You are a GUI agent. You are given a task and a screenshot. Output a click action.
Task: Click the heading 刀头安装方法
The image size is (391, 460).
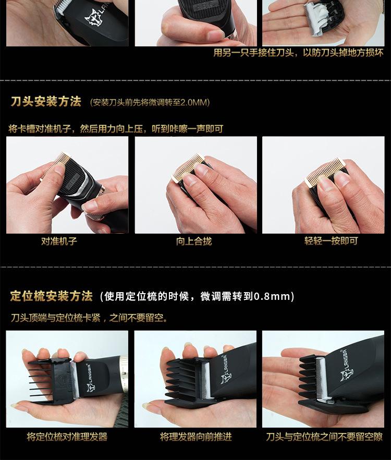(46, 102)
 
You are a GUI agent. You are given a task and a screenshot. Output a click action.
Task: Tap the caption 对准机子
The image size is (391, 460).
(59, 241)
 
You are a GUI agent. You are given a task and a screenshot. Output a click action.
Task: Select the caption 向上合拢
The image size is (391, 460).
(194, 241)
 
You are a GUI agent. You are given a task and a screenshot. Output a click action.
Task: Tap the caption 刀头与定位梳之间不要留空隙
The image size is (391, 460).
(324, 437)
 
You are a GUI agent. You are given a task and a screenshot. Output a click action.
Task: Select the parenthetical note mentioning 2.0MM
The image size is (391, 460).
(150, 102)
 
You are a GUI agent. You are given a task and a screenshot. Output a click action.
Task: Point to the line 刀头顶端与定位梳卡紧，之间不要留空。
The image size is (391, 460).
(89, 317)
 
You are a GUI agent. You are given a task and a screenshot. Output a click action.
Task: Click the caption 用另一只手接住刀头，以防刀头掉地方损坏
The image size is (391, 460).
(298, 53)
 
